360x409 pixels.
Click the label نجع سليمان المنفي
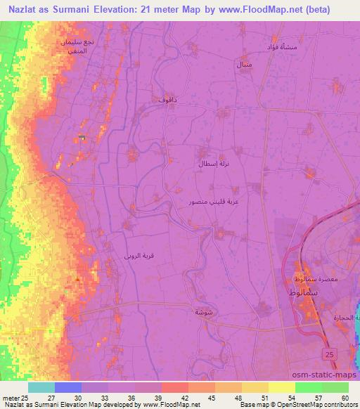point(76,46)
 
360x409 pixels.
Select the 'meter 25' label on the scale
point(15,398)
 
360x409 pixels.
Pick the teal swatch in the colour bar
point(41,387)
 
